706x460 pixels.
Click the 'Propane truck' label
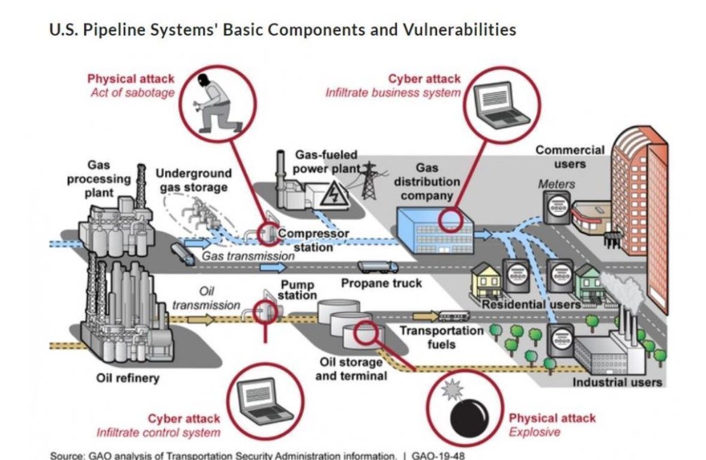point(381,282)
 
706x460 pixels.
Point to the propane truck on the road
point(377,266)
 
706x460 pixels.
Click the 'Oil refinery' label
point(128,378)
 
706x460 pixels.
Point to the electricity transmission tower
point(368,180)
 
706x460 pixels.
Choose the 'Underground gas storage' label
point(193,181)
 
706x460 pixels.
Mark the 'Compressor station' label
point(313,240)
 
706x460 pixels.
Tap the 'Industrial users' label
point(617,382)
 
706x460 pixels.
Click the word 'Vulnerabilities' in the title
point(456,29)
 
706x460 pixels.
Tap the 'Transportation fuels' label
point(441,337)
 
